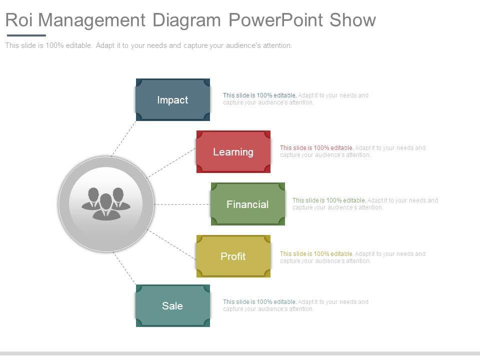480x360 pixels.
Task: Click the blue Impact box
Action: pyautogui.click(x=172, y=100)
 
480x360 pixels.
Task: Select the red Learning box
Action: pyautogui.click(x=233, y=152)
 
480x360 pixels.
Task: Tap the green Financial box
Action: pyautogui.click(x=247, y=204)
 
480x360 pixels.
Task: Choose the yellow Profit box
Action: pyautogui.click(x=233, y=256)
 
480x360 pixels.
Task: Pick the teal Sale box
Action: pyautogui.click(x=172, y=306)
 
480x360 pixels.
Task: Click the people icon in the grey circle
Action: pyautogui.click(x=106, y=203)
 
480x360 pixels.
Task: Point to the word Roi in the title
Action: pyautogui.click(x=19, y=20)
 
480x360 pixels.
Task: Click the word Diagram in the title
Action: pyautogui.click(x=186, y=20)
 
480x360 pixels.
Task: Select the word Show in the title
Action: pyautogui.click(x=353, y=20)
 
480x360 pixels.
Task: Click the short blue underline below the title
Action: pyautogui.click(x=26, y=35)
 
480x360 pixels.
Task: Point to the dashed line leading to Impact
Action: pyautogui.click(x=123, y=137)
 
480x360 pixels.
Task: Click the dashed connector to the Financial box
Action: pyautogui.click(x=182, y=204)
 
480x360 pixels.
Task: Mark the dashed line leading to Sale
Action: pyautogui.click(x=124, y=268)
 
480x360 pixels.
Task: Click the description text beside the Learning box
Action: pyautogui.click(x=352, y=151)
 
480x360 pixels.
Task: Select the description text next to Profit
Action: pyautogui.click(x=352, y=257)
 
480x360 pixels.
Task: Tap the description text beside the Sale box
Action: pyautogui.click(x=295, y=305)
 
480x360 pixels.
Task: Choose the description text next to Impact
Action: pyautogui.click(x=295, y=98)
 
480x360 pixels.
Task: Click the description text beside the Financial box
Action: pyautogui.click(x=365, y=203)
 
